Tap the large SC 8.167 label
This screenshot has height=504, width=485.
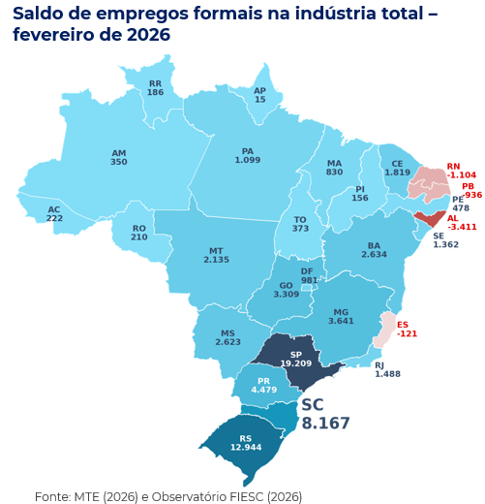click(x=324, y=414)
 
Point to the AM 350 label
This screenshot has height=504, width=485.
click(x=118, y=158)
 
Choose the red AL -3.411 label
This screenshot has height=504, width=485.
click(x=462, y=223)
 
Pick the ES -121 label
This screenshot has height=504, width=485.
click(x=408, y=329)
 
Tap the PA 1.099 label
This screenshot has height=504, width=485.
click(x=248, y=155)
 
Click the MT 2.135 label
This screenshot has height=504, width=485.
click(x=216, y=255)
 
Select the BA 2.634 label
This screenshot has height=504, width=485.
click(x=374, y=249)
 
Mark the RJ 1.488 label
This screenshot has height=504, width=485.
click(x=387, y=369)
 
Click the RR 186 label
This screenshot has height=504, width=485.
click(x=155, y=88)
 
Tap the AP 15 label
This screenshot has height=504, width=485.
click(x=259, y=95)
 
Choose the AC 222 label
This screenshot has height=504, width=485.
click(x=54, y=214)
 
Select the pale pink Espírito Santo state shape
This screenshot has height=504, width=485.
click(x=386, y=326)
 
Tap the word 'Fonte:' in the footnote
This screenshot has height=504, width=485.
click(x=52, y=496)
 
